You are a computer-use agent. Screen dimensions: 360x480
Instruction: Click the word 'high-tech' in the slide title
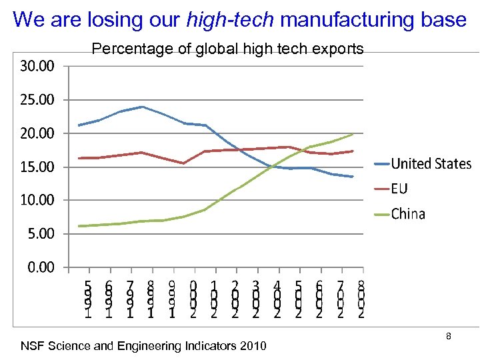click(x=230, y=20)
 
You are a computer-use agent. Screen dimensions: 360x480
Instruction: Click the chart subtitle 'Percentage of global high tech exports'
click(x=227, y=49)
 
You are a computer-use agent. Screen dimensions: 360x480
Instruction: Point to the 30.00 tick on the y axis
click(x=37, y=66)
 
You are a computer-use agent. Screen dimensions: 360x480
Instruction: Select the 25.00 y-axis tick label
click(x=37, y=100)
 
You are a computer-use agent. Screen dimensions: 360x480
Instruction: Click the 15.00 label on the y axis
click(x=37, y=167)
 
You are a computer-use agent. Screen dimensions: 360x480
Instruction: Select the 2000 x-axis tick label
click(x=193, y=299)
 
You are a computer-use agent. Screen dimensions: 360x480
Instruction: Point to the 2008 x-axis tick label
click(x=361, y=299)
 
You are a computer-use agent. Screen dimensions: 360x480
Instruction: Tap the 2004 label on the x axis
click(x=277, y=299)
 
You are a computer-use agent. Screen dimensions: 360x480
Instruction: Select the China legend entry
click(x=408, y=214)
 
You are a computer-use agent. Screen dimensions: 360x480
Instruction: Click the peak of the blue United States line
click(x=142, y=107)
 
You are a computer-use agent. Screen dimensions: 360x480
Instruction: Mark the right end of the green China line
click(x=353, y=134)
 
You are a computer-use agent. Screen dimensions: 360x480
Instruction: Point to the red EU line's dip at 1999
click(x=183, y=163)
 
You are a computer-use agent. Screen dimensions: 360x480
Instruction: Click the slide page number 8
click(x=449, y=337)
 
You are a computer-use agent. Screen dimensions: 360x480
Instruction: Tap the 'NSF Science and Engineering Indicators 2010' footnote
click(x=143, y=346)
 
